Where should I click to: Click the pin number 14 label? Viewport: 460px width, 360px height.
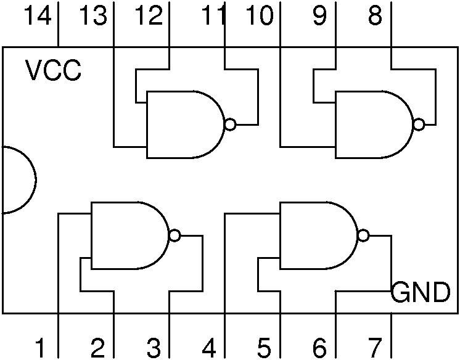37,15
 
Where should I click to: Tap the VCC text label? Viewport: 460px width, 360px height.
53,70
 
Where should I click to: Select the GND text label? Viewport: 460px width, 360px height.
421,292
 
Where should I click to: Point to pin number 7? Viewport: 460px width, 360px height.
375,348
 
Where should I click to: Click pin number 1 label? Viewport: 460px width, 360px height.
39,348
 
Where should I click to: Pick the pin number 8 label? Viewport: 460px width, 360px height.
376,15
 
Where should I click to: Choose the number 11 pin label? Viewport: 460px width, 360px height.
213,15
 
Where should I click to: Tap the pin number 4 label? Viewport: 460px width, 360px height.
209,348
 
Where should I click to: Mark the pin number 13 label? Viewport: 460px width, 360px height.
93,15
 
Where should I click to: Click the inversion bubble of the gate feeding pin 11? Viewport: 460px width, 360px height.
230,125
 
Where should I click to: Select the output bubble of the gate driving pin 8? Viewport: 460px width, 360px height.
419,125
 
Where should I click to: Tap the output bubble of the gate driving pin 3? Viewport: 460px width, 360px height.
175,235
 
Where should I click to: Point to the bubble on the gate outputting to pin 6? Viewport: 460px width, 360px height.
363,235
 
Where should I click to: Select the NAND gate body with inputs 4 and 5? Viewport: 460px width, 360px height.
319,235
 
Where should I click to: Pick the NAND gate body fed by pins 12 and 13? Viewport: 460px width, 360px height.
186,125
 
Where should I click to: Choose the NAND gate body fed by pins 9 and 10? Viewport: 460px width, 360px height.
374,125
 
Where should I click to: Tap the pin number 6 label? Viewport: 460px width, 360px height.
319,348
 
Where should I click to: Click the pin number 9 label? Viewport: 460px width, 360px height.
319,15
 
